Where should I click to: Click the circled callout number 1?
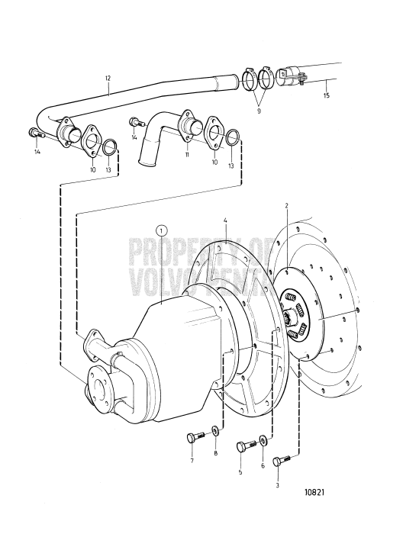(161, 229)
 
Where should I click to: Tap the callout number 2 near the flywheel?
(287, 206)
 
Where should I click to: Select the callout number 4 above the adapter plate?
(225, 222)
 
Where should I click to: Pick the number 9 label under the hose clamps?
(259, 111)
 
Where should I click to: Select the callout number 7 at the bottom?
(192, 462)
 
